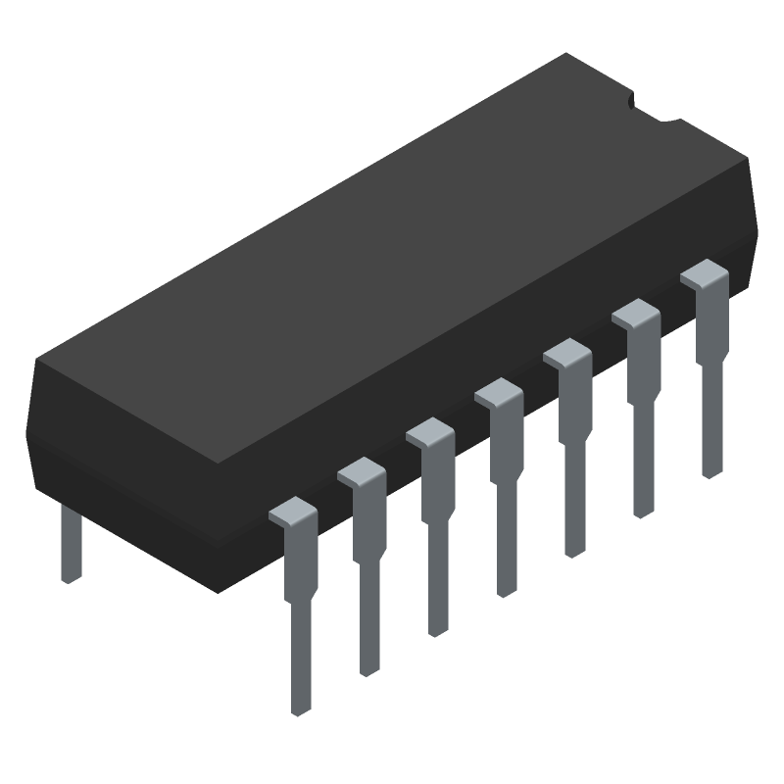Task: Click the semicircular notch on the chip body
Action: tap(654, 110)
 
